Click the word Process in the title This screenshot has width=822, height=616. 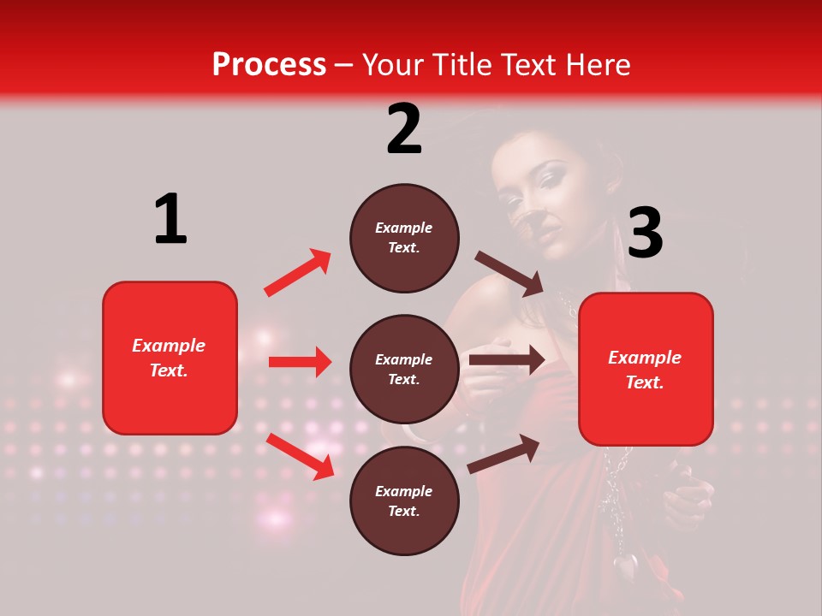[x=269, y=65]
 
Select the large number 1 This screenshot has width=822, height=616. [x=170, y=219]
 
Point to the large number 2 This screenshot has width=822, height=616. [x=404, y=129]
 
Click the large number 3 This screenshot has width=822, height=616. [x=645, y=234]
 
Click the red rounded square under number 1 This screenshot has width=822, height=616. [x=170, y=358]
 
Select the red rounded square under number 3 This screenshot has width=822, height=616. [x=646, y=370]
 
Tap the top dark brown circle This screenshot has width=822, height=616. [x=404, y=238]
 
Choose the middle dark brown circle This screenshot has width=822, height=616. [x=404, y=369]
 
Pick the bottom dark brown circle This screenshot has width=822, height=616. [x=404, y=500]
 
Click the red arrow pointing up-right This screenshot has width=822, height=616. [x=298, y=273]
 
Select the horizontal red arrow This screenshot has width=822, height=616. [x=300, y=362]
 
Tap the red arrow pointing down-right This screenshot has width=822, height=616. [x=301, y=456]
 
